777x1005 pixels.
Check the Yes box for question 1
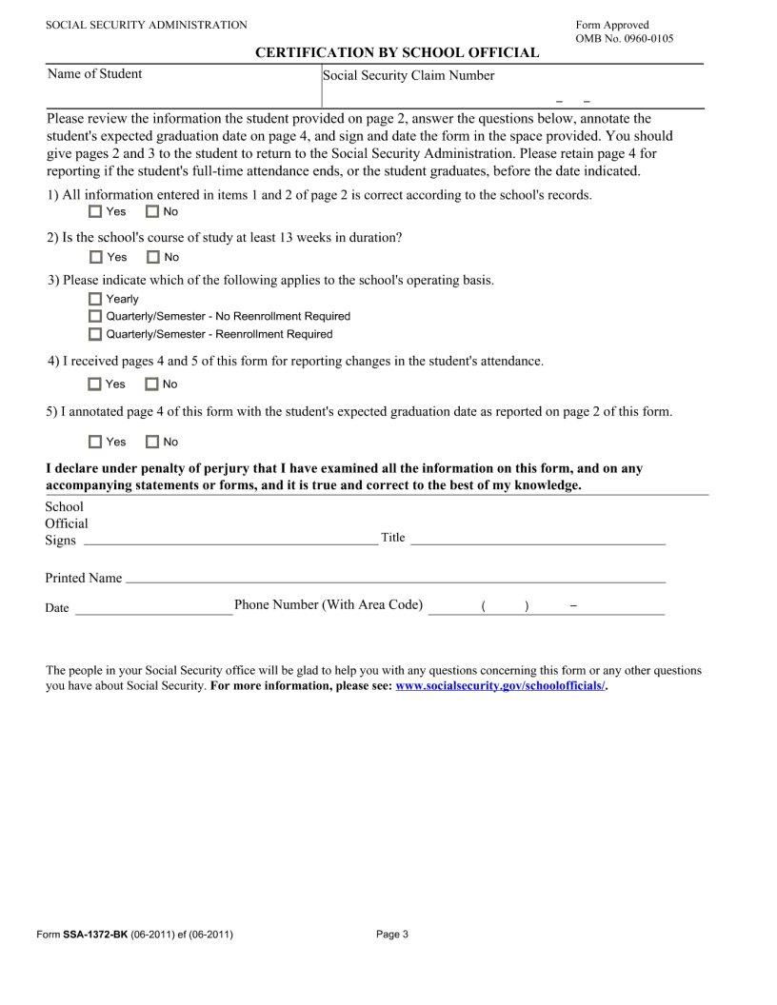click(95, 211)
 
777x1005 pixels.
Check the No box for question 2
click(152, 257)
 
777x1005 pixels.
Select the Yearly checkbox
click(95, 299)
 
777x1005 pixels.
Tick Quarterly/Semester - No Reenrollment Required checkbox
click(95, 316)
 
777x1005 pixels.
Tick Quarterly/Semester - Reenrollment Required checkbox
click(95, 334)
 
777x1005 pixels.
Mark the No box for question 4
click(151, 384)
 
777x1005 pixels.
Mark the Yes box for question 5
click(95, 442)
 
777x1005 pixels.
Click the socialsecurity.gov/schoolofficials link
click(500, 685)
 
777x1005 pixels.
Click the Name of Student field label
click(94, 74)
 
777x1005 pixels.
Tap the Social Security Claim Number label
click(408, 76)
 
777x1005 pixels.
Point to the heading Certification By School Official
click(397, 52)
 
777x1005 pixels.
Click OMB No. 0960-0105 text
click(625, 38)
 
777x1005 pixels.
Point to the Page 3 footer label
click(392, 935)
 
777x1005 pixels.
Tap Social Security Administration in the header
click(147, 25)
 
